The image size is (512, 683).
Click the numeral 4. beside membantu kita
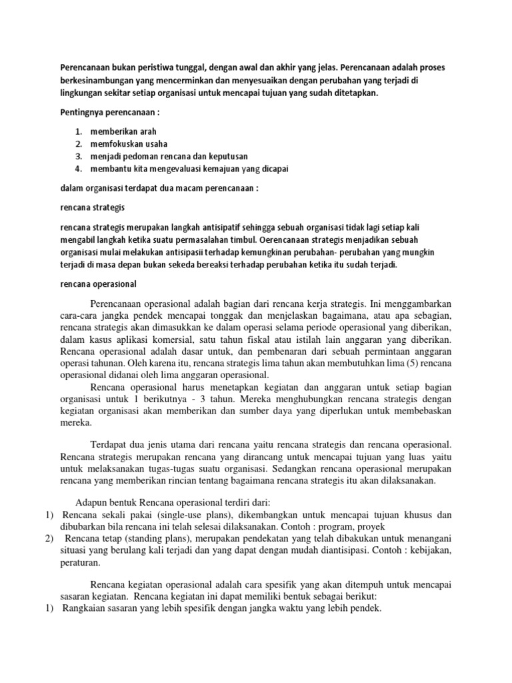(79, 167)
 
